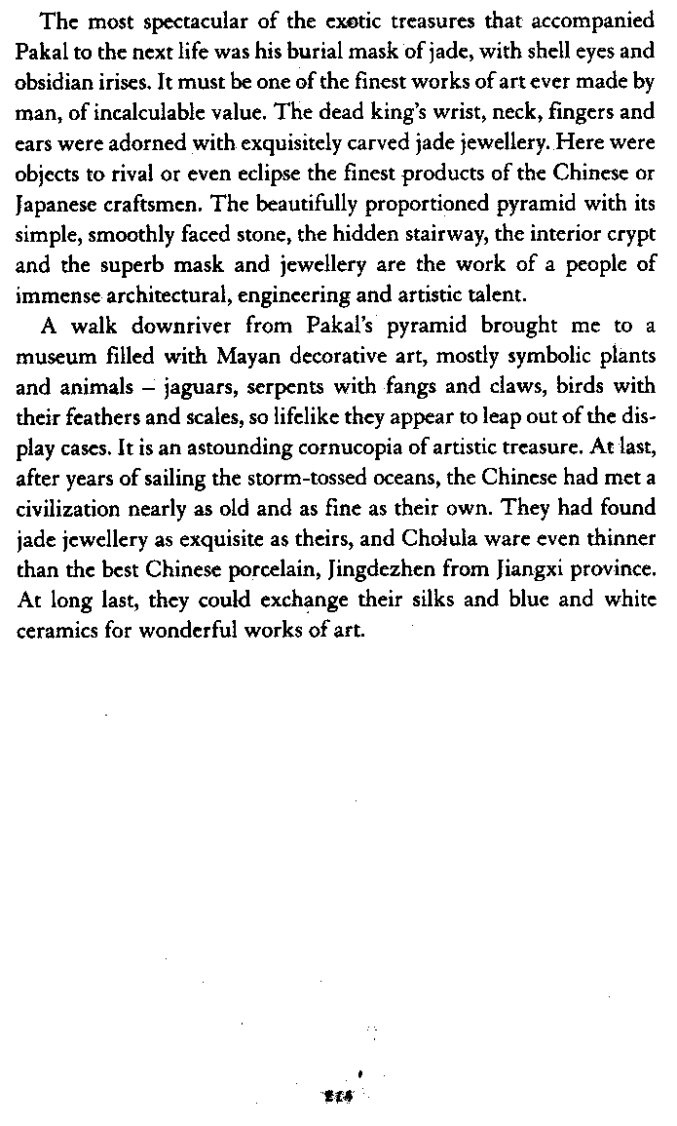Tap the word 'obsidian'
click(51, 73)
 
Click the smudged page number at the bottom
click(339, 1096)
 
